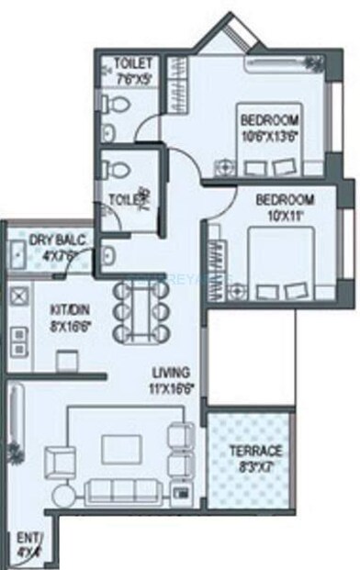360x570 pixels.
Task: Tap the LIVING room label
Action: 172,374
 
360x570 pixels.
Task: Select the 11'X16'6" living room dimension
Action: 173,388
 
